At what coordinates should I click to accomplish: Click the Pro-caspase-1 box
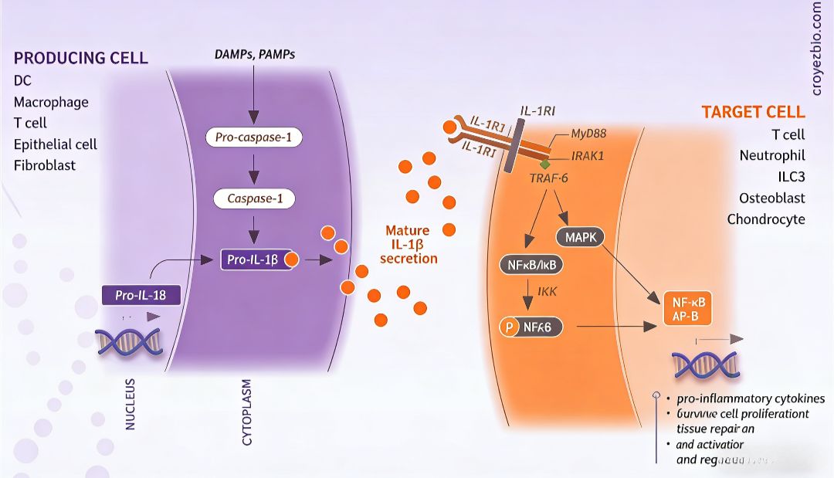tap(253, 137)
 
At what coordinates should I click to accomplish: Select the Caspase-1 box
tap(254, 198)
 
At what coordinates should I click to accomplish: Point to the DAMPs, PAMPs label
tap(254, 54)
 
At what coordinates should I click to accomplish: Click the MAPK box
tap(580, 237)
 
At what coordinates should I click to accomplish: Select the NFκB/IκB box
tap(532, 266)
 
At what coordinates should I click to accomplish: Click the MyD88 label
tap(588, 133)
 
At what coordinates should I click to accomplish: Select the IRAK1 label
tap(588, 154)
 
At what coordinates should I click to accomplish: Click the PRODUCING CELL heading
tap(81, 59)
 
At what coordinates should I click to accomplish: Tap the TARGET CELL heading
tap(753, 112)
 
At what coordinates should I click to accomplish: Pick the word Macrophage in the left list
tap(51, 102)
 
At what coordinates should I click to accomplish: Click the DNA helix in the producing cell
tap(128, 341)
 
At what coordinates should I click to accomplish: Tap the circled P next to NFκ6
tap(509, 327)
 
